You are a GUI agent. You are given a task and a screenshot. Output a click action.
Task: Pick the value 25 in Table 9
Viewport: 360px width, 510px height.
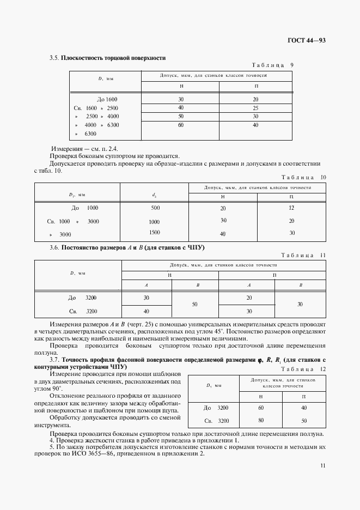pos(255,108)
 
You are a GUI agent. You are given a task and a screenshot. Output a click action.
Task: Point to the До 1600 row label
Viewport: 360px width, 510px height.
pos(107,99)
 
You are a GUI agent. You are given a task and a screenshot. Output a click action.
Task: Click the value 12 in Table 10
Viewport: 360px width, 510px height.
pos(291,208)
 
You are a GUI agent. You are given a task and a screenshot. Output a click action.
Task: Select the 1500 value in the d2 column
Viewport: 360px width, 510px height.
pos(155,233)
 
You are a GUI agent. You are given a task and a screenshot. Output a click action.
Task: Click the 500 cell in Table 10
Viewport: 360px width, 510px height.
pos(155,208)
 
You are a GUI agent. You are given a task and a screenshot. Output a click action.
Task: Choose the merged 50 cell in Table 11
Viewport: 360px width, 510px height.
pos(195,305)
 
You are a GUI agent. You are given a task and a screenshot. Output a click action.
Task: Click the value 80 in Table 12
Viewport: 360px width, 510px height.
pos(261,420)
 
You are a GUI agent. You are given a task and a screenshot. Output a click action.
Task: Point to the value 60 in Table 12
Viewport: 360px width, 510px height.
pos(261,408)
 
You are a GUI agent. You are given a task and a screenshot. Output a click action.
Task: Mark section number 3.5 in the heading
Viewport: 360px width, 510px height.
pos(54,58)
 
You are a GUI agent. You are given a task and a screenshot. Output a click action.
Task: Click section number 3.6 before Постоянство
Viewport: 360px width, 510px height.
pos(54,248)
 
